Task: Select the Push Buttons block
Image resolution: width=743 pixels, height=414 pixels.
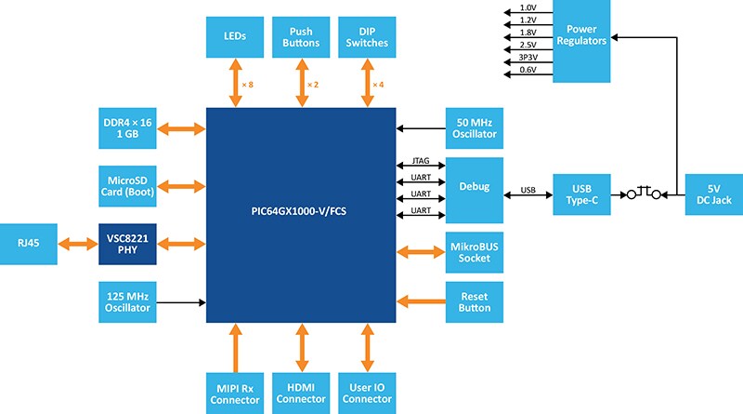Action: (x=299, y=36)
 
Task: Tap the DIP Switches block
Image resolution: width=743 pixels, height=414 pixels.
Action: (x=364, y=36)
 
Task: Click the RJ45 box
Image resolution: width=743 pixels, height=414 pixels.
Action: (x=28, y=244)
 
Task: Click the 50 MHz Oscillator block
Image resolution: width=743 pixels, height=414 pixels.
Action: (x=475, y=127)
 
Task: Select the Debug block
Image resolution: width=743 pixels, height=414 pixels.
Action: (x=475, y=187)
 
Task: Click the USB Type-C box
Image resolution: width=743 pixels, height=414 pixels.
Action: (x=582, y=194)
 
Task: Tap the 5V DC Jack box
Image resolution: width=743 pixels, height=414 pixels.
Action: (x=712, y=194)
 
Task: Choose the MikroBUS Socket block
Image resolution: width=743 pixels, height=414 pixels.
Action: (x=475, y=251)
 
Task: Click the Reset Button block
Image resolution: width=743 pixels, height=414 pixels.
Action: (x=475, y=301)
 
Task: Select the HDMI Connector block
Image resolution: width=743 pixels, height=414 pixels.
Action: (x=299, y=392)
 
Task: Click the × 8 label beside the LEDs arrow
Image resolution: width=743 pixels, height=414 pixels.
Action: (x=247, y=86)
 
